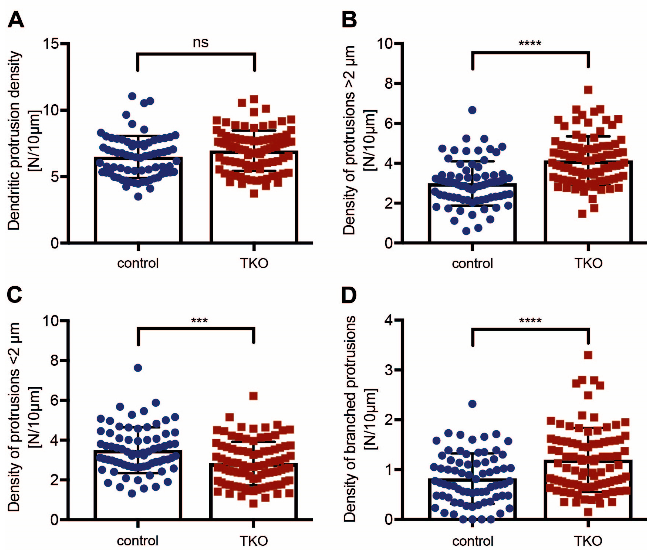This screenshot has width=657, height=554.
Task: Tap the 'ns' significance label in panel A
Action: (x=200, y=43)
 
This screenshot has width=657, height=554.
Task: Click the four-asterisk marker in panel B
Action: (x=530, y=43)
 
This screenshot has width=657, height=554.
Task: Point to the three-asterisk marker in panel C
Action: (x=199, y=321)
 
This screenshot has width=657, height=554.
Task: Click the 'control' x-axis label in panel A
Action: (x=138, y=263)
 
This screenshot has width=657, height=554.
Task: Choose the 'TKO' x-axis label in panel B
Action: (x=588, y=263)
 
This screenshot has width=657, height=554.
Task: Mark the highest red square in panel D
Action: (x=588, y=355)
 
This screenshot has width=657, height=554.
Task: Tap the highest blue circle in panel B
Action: (x=472, y=110)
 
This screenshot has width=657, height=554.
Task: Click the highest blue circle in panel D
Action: (x=472, y=404)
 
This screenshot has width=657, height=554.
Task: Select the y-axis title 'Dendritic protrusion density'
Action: (x=14, y=141)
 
